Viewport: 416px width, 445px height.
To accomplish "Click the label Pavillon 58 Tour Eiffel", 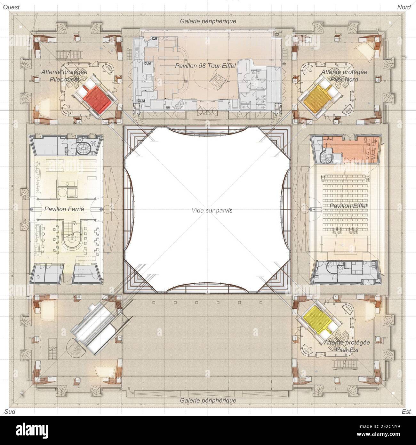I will pyautogui.click(x=205, y=66).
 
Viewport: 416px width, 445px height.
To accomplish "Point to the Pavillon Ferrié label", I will pyautogui.click(x=64, y=209).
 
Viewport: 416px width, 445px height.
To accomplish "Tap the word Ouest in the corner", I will pyautogui.click(x=12, y=7).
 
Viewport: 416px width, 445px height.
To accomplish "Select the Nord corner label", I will pyautogui.click(x=404, y=7).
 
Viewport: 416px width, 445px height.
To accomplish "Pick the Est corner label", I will pyautogui.click(x=406, y=412).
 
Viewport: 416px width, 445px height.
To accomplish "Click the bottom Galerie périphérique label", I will pyautogui.click(x=208, y=400).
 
